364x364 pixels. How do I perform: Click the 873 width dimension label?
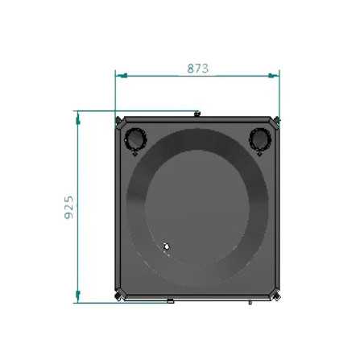[198, 68]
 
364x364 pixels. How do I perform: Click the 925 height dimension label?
[69, 207]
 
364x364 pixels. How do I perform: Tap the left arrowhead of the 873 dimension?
[122, 76]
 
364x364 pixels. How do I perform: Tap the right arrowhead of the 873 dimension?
[274, 76]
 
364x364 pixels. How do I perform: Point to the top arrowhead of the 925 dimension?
[78, 118]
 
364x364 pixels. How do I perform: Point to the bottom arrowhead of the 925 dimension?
[78, 296]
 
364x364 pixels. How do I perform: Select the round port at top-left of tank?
[135, 140]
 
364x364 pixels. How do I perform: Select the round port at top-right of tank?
[260, 140]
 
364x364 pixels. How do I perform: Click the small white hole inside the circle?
[167, 246]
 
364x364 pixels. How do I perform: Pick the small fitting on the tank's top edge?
[197, 114]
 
